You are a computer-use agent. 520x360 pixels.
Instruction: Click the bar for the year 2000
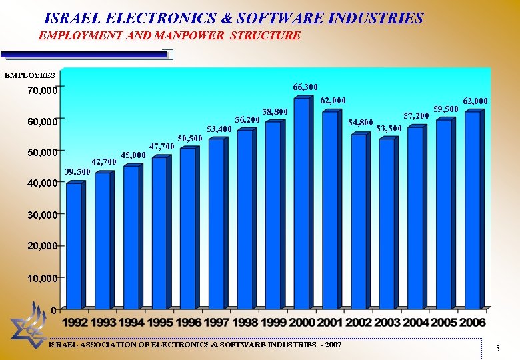coord(301,203)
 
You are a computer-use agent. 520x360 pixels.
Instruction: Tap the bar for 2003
coord(387,223)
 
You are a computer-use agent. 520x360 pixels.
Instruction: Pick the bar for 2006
coord(472,210)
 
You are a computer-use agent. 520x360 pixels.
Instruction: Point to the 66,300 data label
coord(305,87)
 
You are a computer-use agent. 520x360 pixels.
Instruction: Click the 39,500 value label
coord(77,173)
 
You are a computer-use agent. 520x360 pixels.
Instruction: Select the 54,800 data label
coord(361,123)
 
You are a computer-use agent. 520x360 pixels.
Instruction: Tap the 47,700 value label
coord(162,146)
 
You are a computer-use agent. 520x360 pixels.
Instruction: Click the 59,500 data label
coord(446,109)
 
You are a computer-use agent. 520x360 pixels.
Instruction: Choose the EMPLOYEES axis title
coord(30,76)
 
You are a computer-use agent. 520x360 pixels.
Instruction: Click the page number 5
coord(497,349)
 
